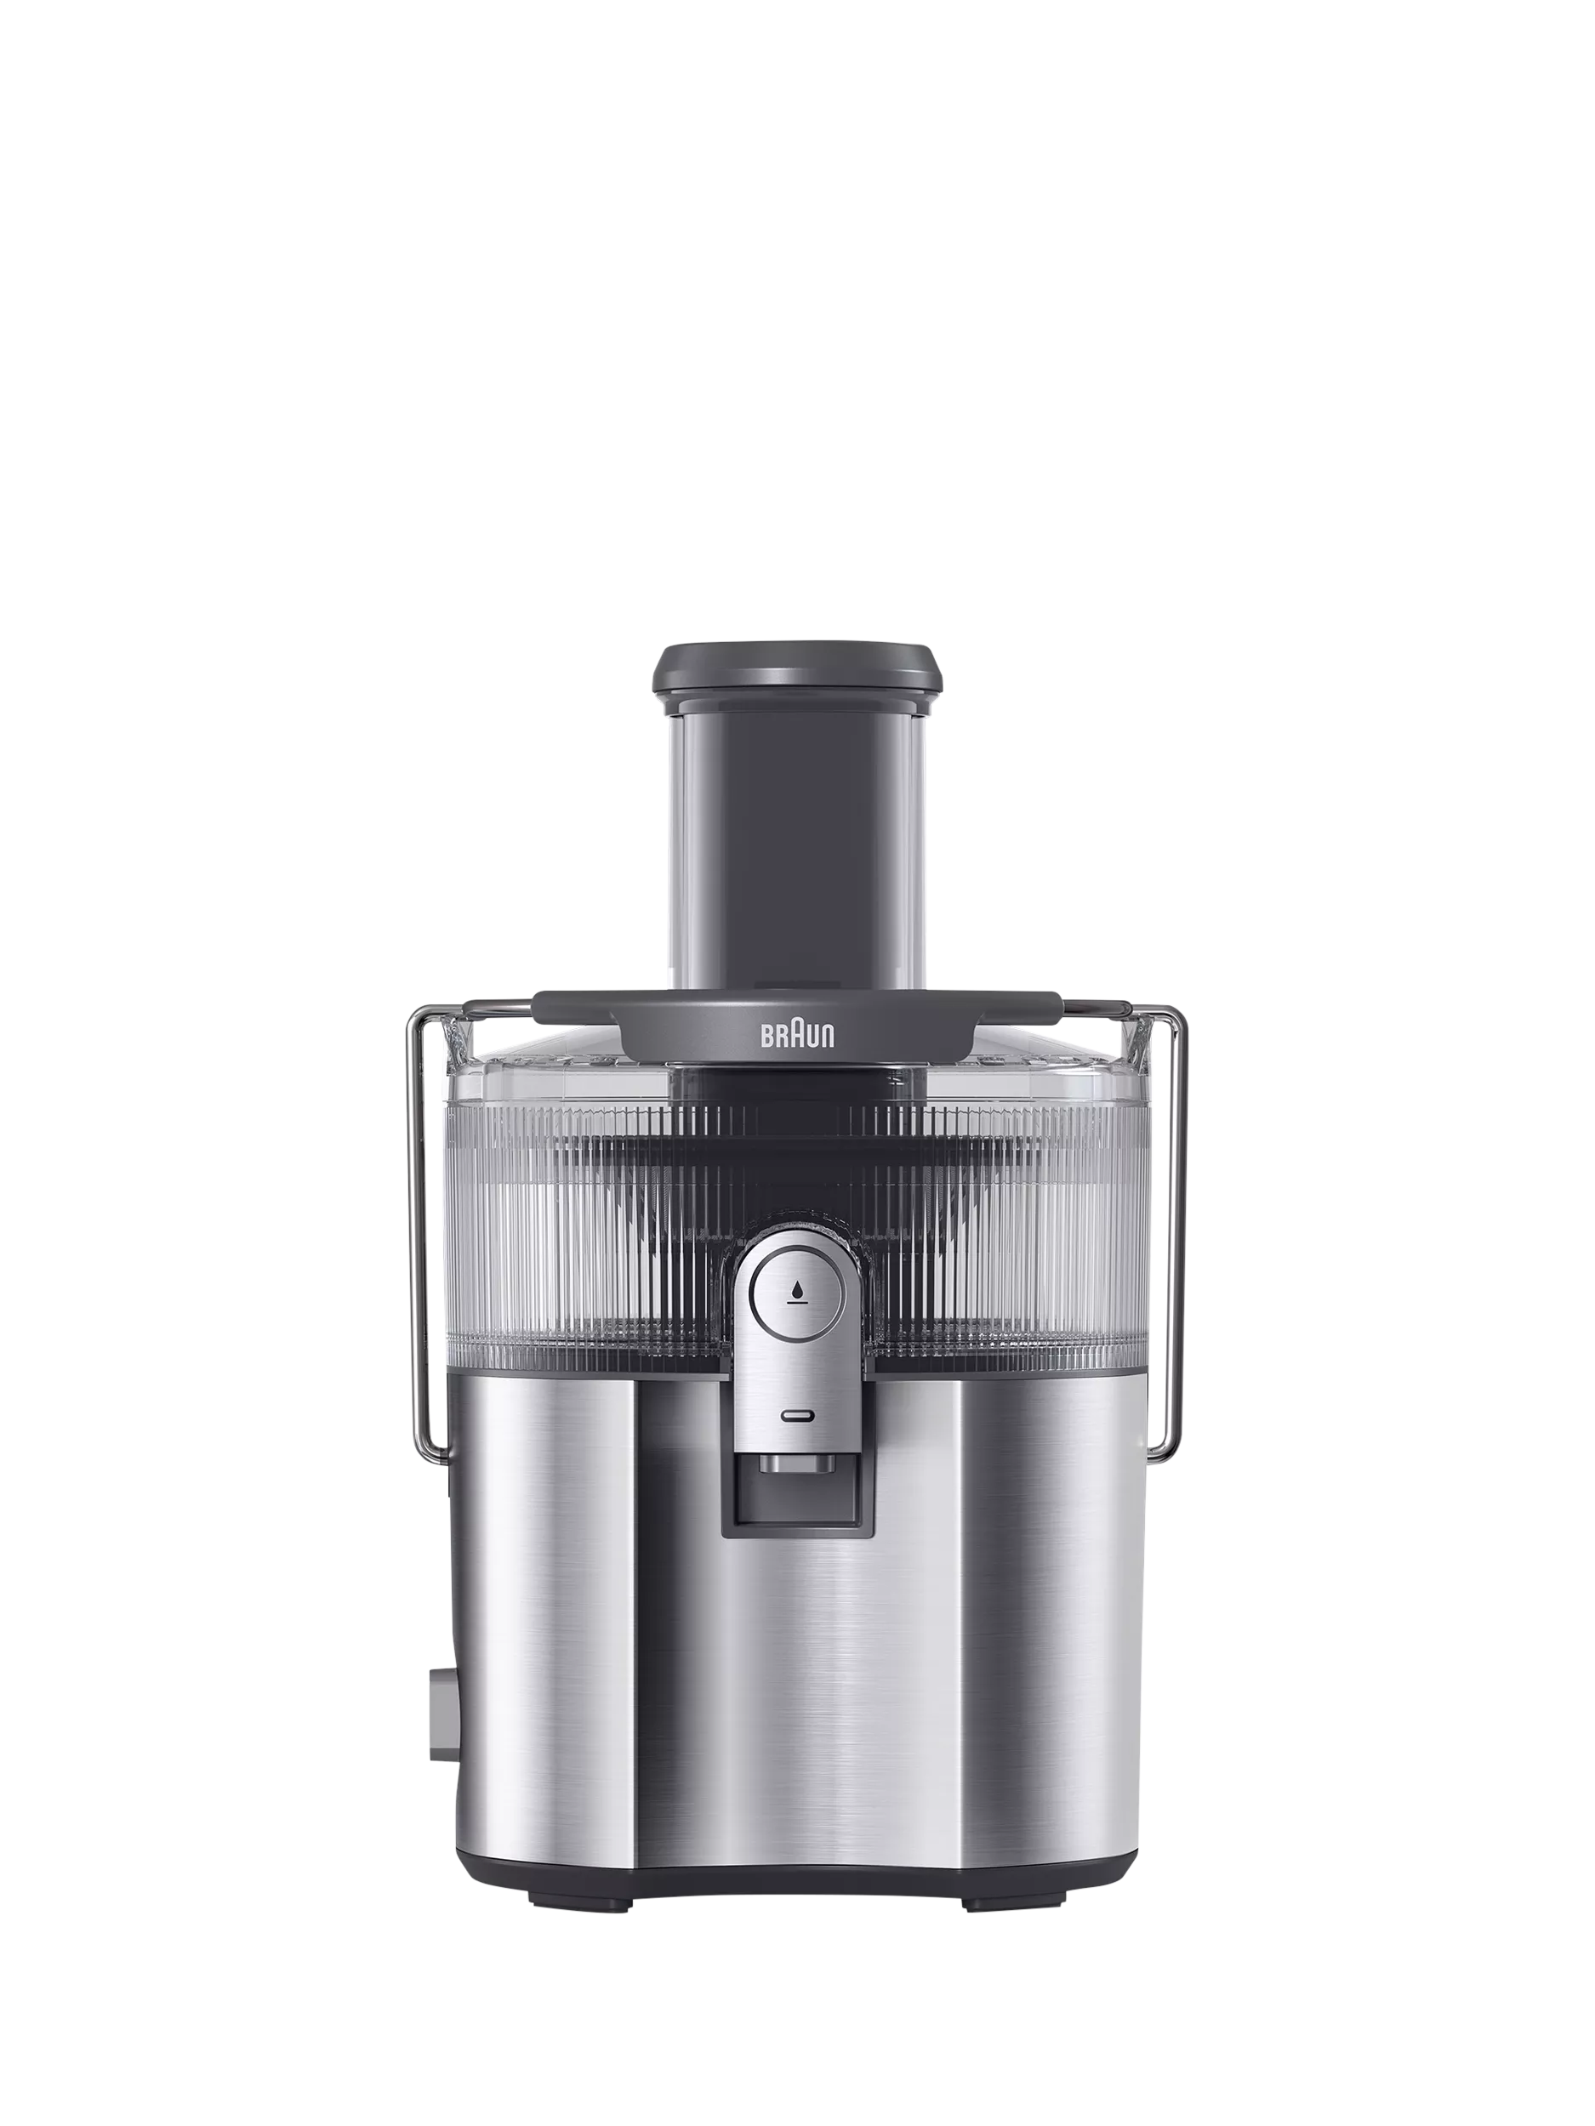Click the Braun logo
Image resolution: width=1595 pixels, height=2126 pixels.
point(797,1036)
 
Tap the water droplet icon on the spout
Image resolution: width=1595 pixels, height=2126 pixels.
point(796,1294)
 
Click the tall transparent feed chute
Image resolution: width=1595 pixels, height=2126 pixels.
point(797,846)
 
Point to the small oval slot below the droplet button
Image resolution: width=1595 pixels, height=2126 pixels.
point(797,1415)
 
